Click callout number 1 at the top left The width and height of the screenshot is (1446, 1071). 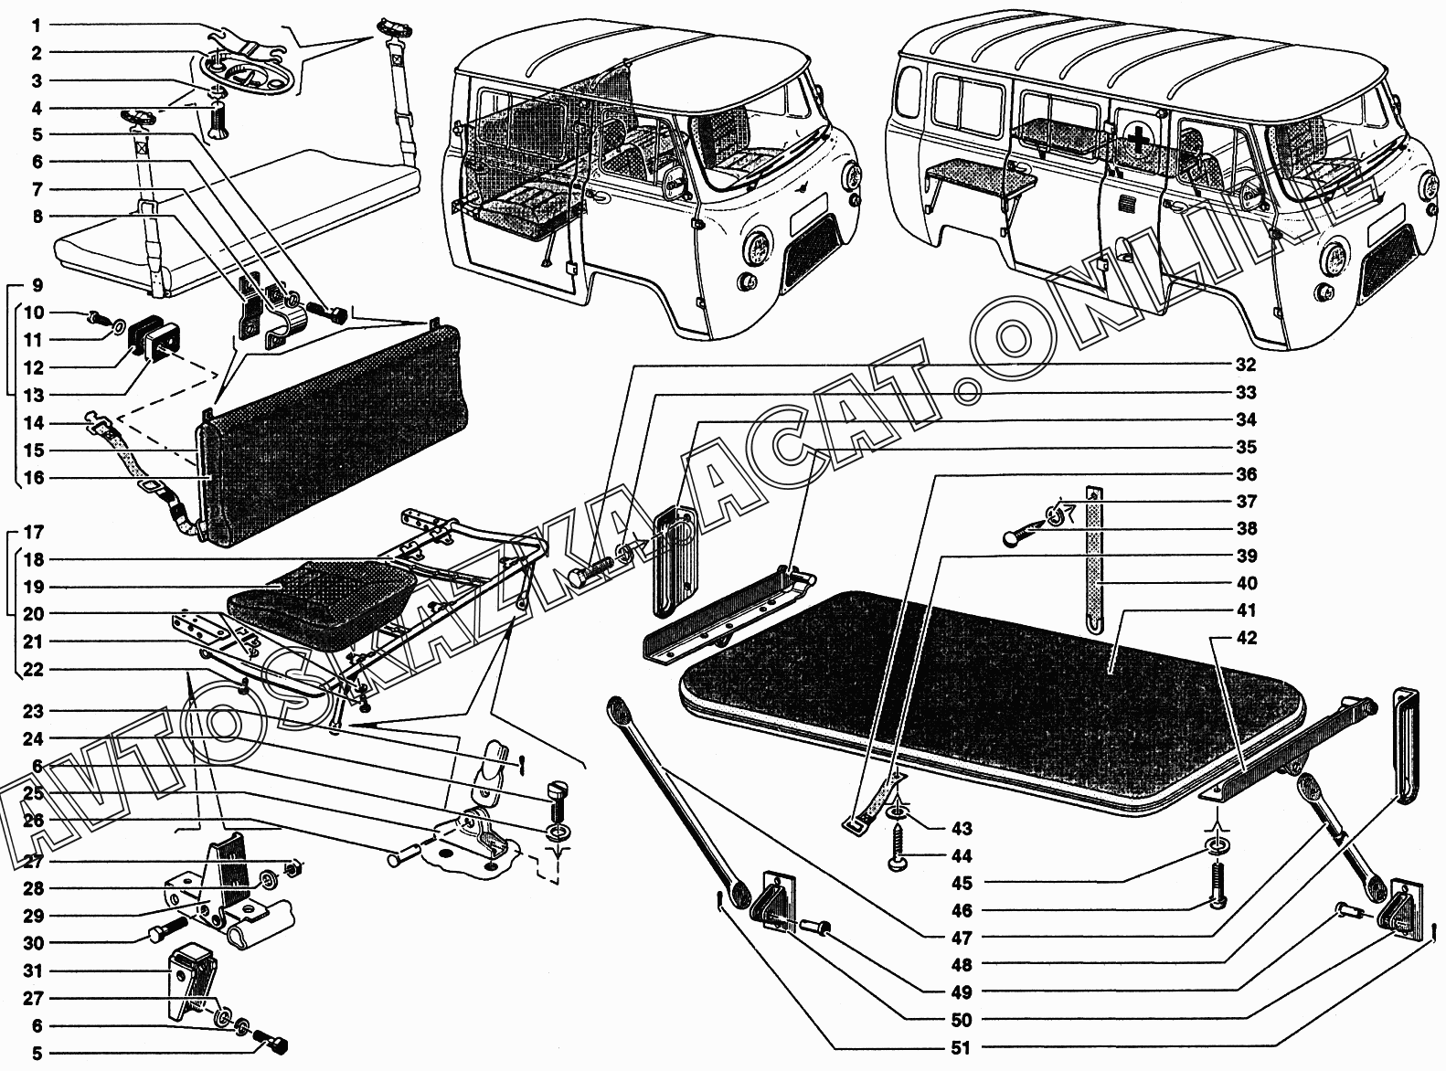tap(37, 26)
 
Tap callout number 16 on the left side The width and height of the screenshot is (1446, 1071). tap(33, 477)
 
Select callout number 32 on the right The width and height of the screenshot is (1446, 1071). tap(1245, 365)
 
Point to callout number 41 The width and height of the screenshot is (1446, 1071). tap(1245, 610)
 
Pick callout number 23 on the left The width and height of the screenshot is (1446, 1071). tap(33, 711)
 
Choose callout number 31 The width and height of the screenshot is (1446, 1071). tap(33, 970)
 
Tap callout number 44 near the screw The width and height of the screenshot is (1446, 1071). tap(961, 856)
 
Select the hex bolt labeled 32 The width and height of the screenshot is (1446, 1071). tap(590, 570)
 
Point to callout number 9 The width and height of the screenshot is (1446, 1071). tap(37, 285)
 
